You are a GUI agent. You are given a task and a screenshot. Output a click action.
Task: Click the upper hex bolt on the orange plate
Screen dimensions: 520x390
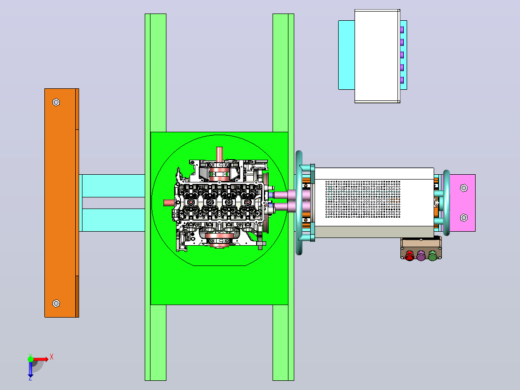(x=56, y=102)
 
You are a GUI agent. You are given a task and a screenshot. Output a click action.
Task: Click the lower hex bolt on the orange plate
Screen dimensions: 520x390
(x=56, y=304)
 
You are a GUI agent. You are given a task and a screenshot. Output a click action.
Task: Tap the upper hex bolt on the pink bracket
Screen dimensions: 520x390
(x=464, y=188)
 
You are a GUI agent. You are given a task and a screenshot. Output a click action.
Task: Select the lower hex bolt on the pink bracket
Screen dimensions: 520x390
(x=464, y=217)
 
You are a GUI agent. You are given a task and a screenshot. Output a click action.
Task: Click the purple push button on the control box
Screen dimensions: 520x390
(x=421, y=255)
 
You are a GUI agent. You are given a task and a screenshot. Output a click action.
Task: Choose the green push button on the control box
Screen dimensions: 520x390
(x=432, y=255)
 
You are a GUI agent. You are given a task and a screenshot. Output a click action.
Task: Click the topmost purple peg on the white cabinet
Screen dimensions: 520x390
(x=402, y=30)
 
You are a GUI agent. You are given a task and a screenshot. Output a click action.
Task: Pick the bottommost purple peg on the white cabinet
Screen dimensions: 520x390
(x=402, y=80)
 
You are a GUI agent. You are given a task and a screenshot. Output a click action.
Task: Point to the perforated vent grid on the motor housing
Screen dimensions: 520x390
(x=363, y=199)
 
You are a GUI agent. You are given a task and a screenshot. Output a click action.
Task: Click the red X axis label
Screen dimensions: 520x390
(x=52, y=357)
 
